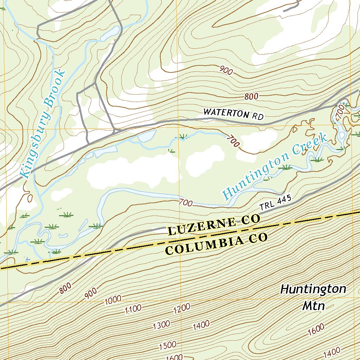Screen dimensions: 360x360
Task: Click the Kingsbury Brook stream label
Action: pyautogui.click(x=42, y=124)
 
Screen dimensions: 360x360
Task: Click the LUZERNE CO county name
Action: pyautogui.click(x=214, y=225)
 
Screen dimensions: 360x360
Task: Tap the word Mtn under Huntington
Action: pyautogui.click(x=314, y=306)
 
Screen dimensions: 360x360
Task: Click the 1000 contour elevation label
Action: pyautogui.click(x=113, y=301)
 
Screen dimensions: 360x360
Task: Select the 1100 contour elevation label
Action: pyautogui.click(x=133, y=309)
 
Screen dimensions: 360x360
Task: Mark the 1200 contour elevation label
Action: pyautogui.click(x=182, y=308)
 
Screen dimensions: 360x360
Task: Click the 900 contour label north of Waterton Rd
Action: pyautogui.click(x=226, y=71)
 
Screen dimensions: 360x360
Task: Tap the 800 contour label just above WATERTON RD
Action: pyautogui.click(x=252, y=96)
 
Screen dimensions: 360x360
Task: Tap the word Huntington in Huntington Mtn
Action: pyautogui.click(x=313, y=289)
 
